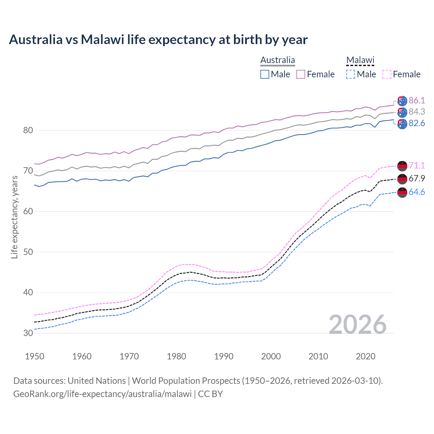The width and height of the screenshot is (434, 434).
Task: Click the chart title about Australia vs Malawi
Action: (x=158, y=40)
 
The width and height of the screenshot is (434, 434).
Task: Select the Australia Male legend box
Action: (x=265, y=74)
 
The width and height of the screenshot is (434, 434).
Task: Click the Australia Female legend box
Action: (x=301, y=74)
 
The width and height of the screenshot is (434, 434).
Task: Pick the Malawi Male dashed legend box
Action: (x=351, y=74)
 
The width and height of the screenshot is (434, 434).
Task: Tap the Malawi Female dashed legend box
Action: (x=387, y=74)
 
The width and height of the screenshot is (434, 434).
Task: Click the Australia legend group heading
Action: (x=278, y=60)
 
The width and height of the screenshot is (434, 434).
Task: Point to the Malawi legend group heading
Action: (x=360, y=60)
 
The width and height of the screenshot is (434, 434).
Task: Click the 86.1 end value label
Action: (x=417, y=100)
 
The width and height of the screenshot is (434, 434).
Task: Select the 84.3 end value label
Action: (x=417, y=112)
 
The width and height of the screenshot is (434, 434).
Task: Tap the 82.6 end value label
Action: (x=417, y=123)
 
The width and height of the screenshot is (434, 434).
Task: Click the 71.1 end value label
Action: (x=417, y=165)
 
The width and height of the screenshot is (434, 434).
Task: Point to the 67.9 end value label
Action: (x=417, y=178)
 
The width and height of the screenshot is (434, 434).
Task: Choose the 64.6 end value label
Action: (x=417, y=192)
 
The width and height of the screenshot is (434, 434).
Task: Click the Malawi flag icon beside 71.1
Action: (x=402, y=166)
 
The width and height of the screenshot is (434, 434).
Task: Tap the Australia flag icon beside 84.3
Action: (x=402, y=112)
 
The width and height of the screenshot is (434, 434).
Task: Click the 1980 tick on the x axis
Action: (x=176, y=356)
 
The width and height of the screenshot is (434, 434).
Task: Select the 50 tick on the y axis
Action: (x=28, y=252)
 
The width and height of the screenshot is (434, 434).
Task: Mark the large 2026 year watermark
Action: (x=357, y=324)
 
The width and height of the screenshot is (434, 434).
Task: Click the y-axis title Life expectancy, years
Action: (x=15, y=217)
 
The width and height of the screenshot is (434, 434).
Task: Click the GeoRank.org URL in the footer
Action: (x=102, y=394)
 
